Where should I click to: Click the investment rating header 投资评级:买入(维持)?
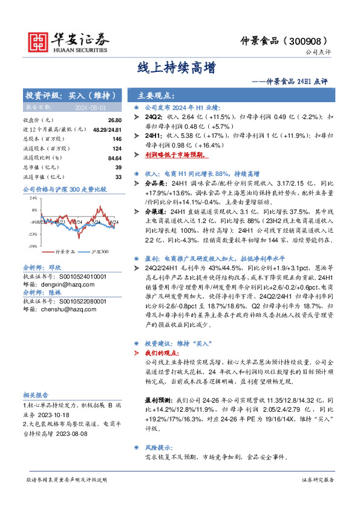[x=70, y=96]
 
